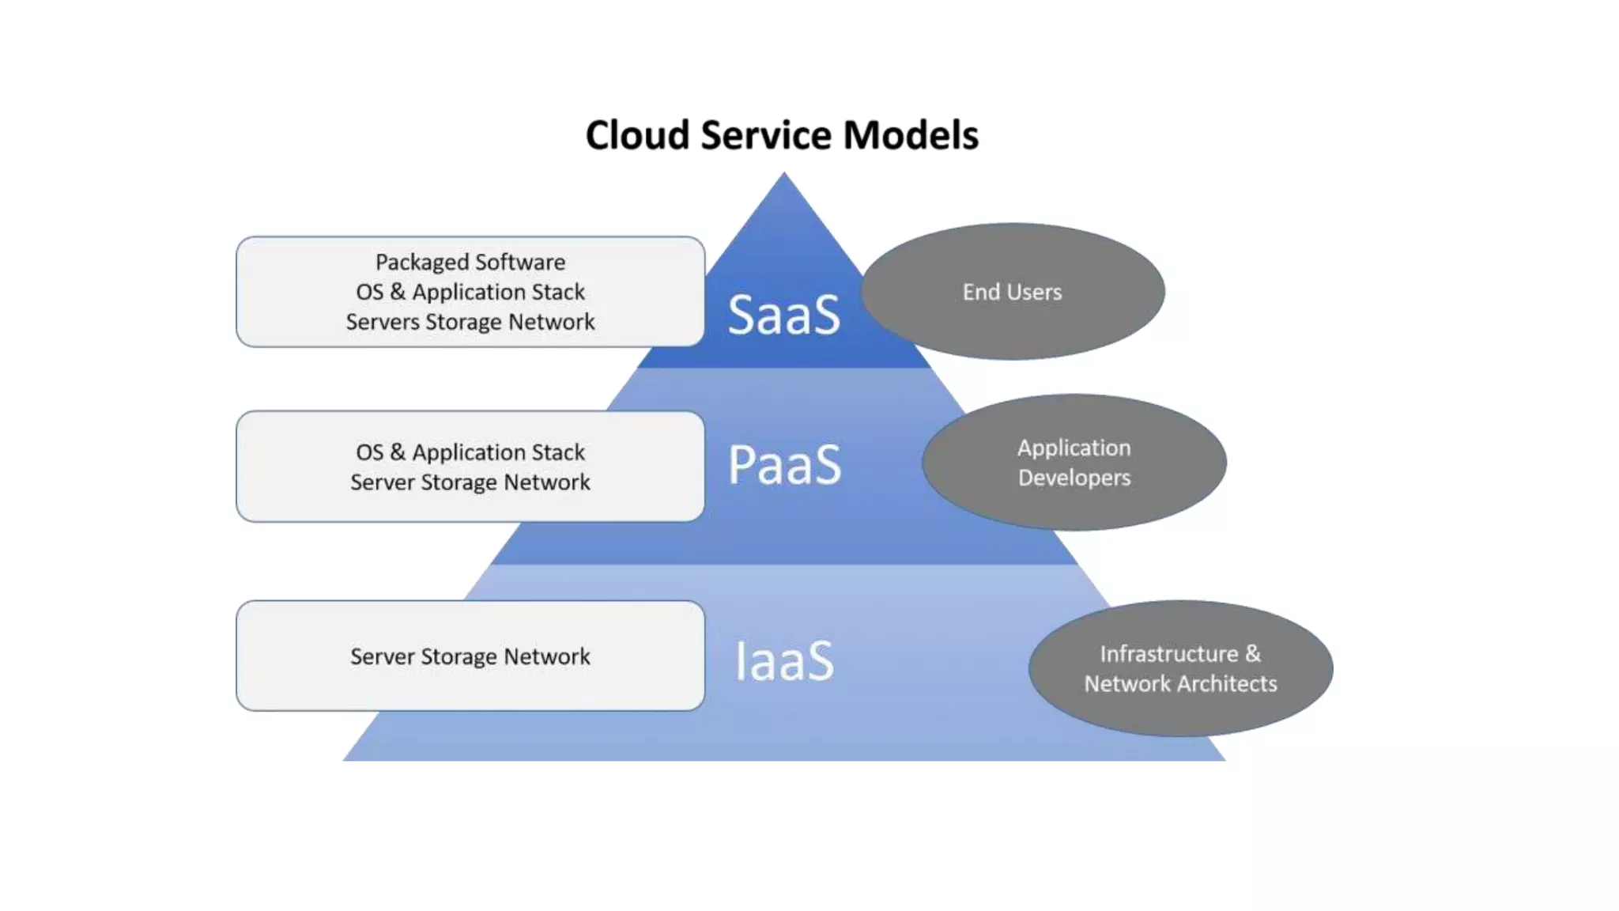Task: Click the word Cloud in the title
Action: point(637,135)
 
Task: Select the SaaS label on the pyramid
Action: point(783,315)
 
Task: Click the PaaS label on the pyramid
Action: point(784,464)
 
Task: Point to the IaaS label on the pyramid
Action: point(784,661)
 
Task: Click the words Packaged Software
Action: point(470,262)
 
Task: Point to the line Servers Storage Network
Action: point(470,322)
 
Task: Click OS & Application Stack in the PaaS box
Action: point(470,452)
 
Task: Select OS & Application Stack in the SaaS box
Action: point(470,292)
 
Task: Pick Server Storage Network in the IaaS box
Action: point(470,656)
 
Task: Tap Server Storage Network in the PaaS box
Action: point(470,482)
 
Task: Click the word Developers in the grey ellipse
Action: point(1074,478)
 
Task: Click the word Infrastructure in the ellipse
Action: point(1169,654)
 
